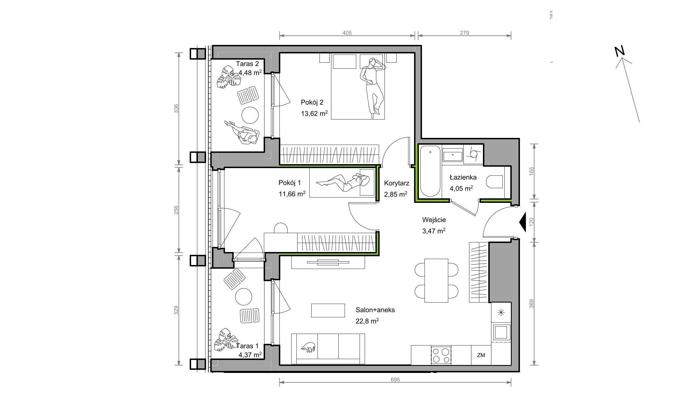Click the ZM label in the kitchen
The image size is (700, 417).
pyautogui.click(x=481, y=355)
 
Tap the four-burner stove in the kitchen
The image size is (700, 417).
pyautogui.click(x=441, y=355)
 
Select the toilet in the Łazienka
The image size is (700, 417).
pyautogui.click(x=495, y=182)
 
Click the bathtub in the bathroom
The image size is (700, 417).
pyautogui.click(x=430, y=171)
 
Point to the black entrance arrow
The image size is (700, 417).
pyautogui.click(x=522, y=222)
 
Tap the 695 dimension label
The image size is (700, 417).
pyautogui.click(x=395, y=380)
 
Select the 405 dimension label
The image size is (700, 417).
pyautogui.click(x=347, y=33)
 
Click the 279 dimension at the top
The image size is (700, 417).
pyautogui.click(x=464, y=33)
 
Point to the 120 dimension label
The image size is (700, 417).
pyautogui.click(x=531, y=222)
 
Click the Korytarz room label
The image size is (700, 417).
pyautogui.click(x=397, y=183)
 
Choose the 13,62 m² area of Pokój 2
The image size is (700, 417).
pyautogui.click(x=314, y=114)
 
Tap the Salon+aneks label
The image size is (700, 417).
pyautogui.click(x=375, y=310)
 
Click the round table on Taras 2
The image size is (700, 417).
pyautogui.click(x=250, y=115)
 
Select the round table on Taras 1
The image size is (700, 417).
pyautogui.click(x=243, y=297)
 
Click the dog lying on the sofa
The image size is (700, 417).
pyautogui.click(x=308, y=347)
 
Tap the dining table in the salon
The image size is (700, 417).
pyautogui.click(x=436, y=281)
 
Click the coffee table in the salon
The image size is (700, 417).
pyautogui.click(x=328, y=310)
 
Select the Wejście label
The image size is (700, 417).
pyautogui.click(x=434, y=220)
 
